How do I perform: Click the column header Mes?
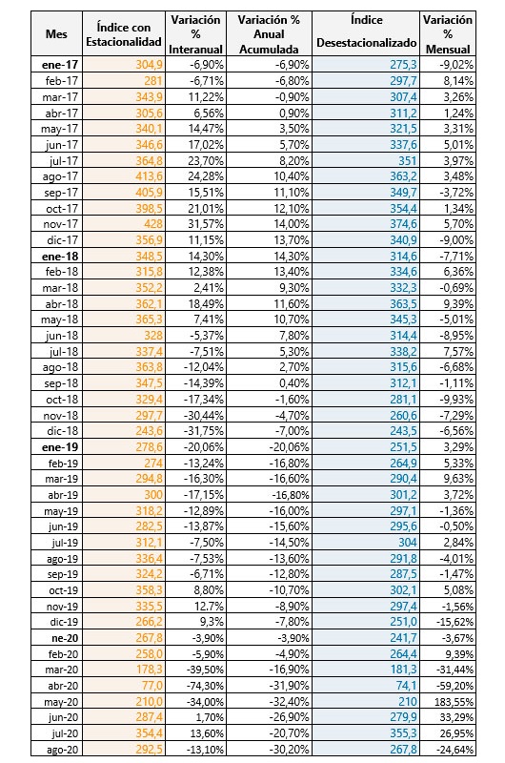(x=56, y=34)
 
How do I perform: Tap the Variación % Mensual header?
(x=448, y=34)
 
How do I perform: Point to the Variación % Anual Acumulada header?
(x=269, y=34)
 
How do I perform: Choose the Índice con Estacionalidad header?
(x=124, y=34)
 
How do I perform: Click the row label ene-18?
(x=60, y=256)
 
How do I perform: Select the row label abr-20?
(x=63, y=686)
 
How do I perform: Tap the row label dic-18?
(x=63, y=431)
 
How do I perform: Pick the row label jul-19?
(x=64, y=542)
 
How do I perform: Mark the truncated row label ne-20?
(x=65, y=638)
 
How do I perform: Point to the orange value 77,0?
(x=152, y=686)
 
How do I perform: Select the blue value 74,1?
(x=407, y=686)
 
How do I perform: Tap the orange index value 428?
(x=153, y=224)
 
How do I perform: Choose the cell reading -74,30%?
(x=205, y=686)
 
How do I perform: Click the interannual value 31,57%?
(x=206, y=224)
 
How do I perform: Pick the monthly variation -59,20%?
(x=454, y=686)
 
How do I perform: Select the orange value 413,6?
(x=150, y=176)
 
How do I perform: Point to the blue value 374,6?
(x=403, y=224)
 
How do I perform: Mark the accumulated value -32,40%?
(x=290, y=702)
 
